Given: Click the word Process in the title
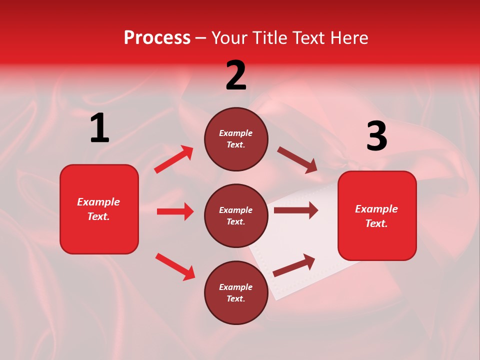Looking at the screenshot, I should pyautogui.click(x=157, y=38).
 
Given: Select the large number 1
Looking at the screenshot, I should pyautogui.click(x=99, y=128).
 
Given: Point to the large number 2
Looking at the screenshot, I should pyautogui.click(x=236, y=75).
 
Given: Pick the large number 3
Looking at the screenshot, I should pyautogui.click(x=376, y=136).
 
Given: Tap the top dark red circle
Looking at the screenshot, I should pyautogui.click(x=236, y=139).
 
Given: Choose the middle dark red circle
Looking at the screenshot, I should pyautogui.click(x=236, y=216).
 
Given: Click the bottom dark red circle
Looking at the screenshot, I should pyautogui.click(x=236, y=293).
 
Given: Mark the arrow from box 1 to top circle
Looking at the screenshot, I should pyautogui.click(x=173, y=159).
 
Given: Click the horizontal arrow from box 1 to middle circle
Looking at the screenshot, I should pyautogui.click(x=175, y=211).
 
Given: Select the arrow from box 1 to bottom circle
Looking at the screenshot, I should pyautogui.click(x=175, y=266).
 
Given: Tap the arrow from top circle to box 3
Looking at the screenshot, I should pyautogui.click(x=297, y=159).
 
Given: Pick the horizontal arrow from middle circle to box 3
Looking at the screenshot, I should pyautogui.click(x=296, y=210).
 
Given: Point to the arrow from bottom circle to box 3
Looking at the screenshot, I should pyautogui.click(x=294, y=265).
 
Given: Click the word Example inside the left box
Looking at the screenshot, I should pyautogui.click(x=98, y=202).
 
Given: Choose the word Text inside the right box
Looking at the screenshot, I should pyautogui.click(x=375, y=223).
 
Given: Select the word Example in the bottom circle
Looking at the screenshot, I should pyautogui.click(x=236, y=287).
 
